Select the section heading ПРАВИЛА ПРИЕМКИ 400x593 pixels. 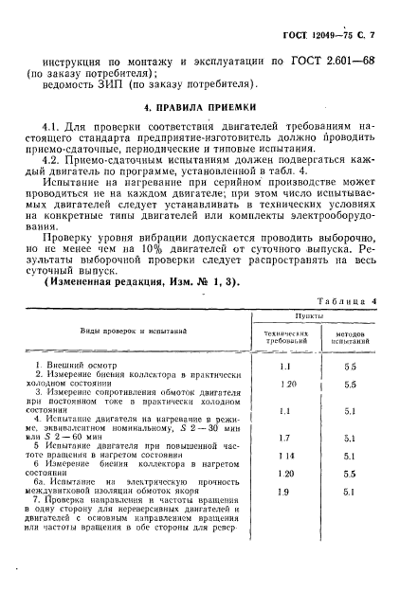(202, 105)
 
